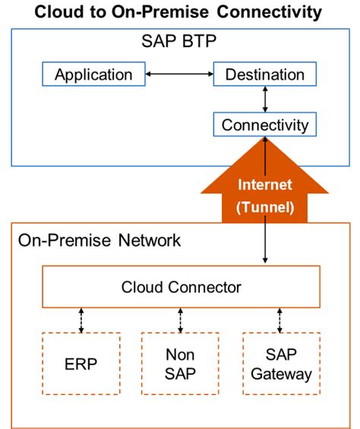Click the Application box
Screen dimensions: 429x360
[x=93, y=74]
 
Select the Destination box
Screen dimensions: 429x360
[x=264, y=74]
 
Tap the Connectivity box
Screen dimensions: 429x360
[x=264, y=125]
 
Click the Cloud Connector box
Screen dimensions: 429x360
[x=181, y=287]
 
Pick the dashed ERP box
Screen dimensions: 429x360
[x=81, y=363]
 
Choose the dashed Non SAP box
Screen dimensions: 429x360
[x=181, y=363]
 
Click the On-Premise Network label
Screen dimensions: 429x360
[x=99, y=241]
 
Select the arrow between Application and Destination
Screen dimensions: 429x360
[x=179, y=74]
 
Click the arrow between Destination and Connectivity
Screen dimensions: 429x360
[x=264, y=99]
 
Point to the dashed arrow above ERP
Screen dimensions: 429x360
[x=81, y=320]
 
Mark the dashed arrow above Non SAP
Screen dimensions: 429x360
[x=181, y=320]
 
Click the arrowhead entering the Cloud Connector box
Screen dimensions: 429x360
[x=264, y=261]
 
